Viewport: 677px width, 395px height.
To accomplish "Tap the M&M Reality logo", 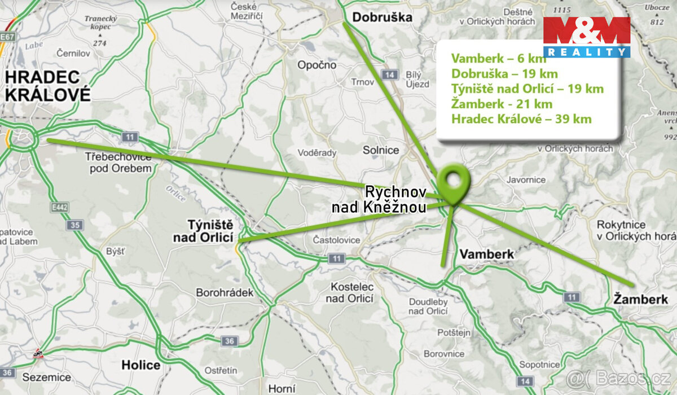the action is pos(586,37).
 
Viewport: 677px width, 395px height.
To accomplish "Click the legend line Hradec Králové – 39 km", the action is pos(521,119).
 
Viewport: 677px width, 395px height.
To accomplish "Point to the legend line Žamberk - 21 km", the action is pos(502,104).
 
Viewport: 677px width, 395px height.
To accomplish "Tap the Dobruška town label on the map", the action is pos(382,17).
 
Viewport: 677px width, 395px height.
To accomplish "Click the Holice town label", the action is pos(140,365).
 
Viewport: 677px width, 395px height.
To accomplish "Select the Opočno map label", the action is pos(317,65).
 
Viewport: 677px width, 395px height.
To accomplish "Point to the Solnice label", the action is pos(381,150).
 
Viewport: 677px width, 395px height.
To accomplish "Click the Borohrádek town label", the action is pos(225,293).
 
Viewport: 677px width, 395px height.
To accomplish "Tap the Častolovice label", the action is pos(336,240).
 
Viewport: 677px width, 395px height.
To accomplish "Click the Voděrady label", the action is pos(316,153).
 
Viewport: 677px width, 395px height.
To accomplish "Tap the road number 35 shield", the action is pos(74,226).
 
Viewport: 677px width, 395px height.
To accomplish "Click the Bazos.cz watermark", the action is pos(621,377).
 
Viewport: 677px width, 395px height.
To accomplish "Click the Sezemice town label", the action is pos(47,377).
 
